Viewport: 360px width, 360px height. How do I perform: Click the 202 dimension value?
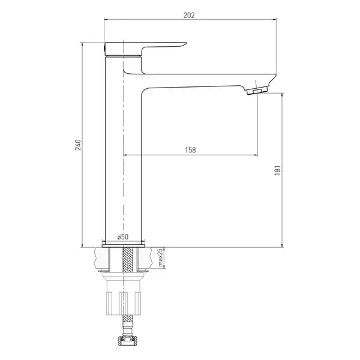[x=189, y=15]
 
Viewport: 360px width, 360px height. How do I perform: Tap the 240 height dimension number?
[x=78, y=145]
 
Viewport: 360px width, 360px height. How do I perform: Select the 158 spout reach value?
[x=190, y=150]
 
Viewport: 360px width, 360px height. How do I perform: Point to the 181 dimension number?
[x=278, y=170]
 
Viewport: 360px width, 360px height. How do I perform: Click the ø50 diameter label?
[x=123, y=237]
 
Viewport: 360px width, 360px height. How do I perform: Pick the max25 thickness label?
[x=160, y=257]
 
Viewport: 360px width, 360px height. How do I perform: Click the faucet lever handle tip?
[x=185, y=43]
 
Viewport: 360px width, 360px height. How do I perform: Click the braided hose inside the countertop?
[x=128, y=259]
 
